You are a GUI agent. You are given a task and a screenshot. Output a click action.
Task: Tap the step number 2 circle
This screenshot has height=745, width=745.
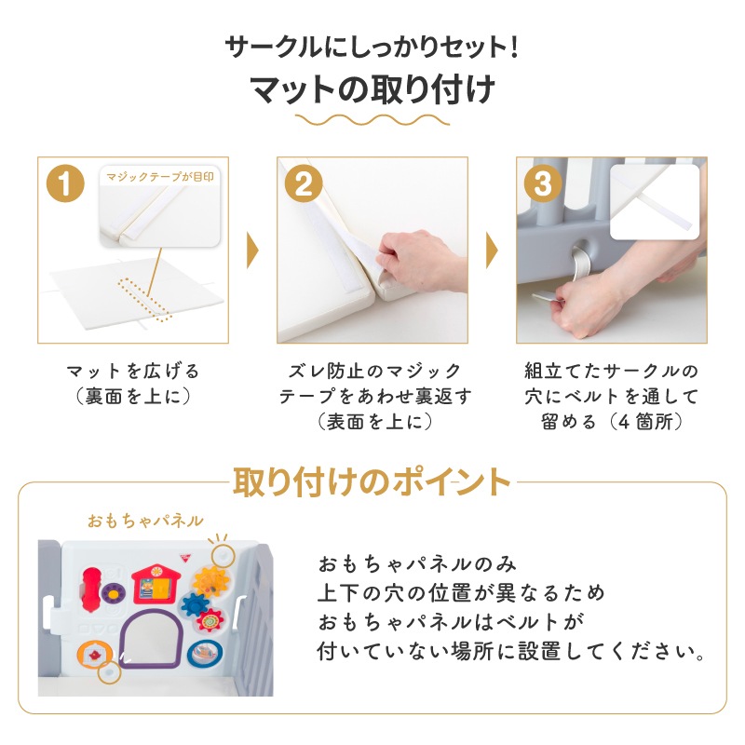(x=303, y=183)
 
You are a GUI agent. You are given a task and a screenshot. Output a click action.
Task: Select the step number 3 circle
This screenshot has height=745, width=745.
(x=542, y=183)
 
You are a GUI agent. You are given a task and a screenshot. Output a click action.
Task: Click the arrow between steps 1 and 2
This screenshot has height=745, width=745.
(x=251, y=250)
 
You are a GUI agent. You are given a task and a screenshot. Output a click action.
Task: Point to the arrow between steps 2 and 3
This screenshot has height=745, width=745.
(x=491, y=250)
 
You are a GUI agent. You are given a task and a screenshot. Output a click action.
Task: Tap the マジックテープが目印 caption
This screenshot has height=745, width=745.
(x=161, y=173)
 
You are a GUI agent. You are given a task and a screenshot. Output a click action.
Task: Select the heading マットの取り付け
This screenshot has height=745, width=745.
(x=372, y=90)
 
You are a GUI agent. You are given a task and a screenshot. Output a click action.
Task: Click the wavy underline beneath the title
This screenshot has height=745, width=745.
(x=372, y=121)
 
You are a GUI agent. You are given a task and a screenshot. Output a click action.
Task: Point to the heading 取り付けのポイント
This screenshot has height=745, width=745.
(x=372, y=482)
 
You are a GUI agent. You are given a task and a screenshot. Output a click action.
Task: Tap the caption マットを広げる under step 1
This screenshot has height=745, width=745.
(x=132, y=371)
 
